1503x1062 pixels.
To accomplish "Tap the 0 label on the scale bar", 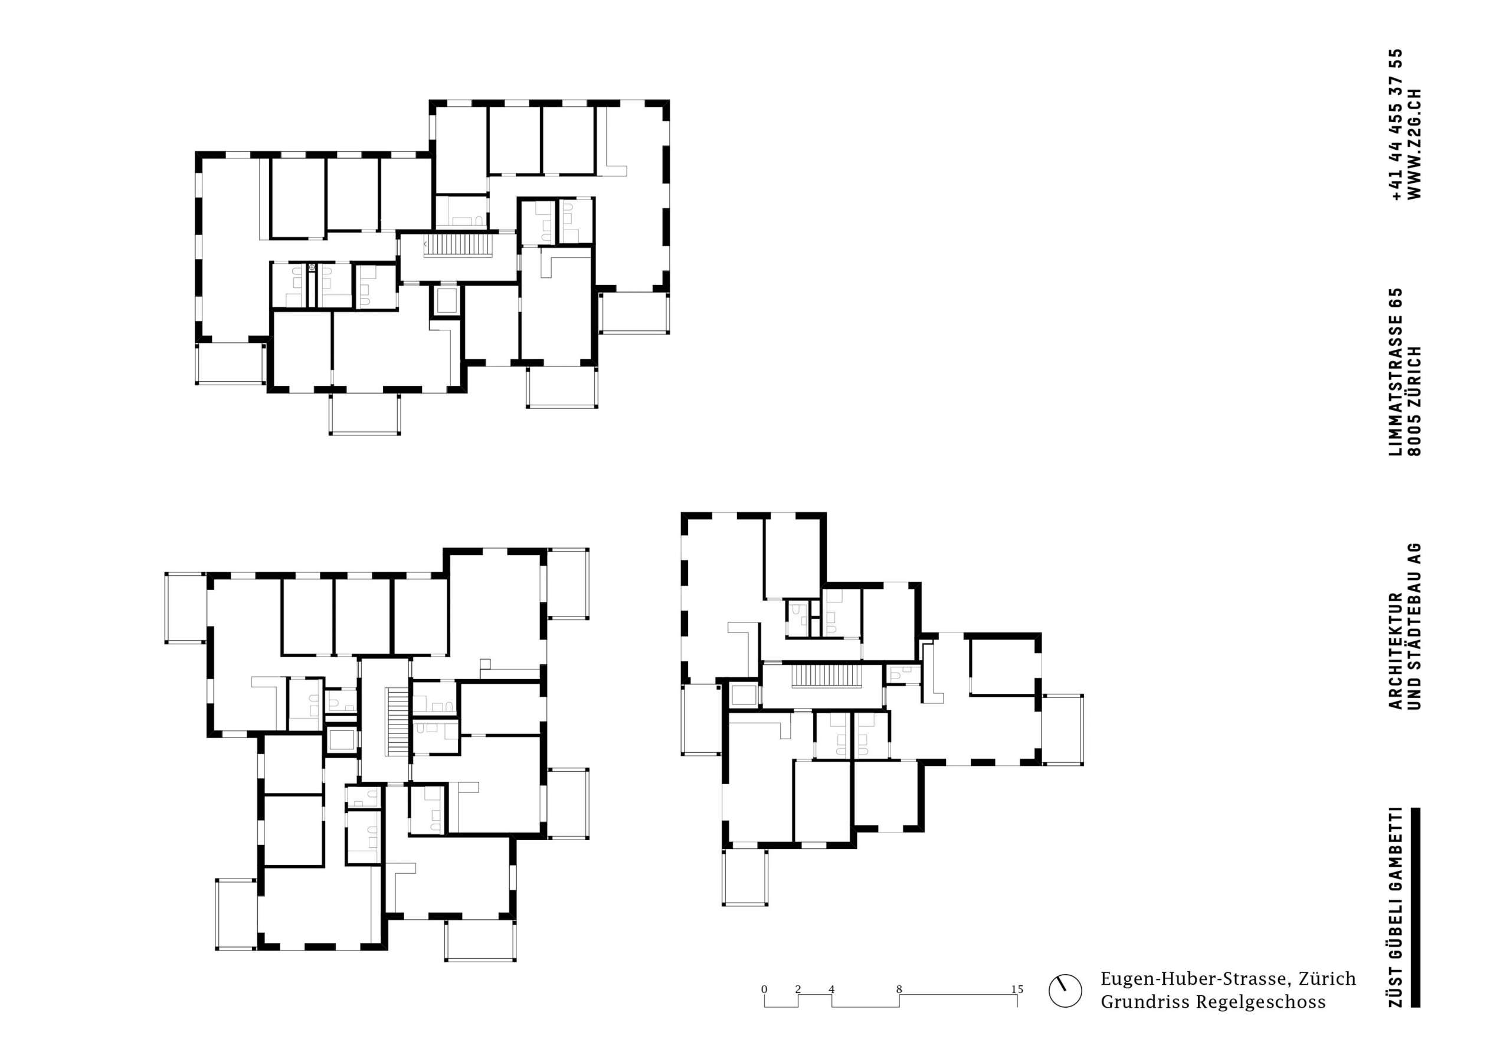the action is point(764,989).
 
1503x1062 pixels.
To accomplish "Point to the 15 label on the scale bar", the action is point(1017,989).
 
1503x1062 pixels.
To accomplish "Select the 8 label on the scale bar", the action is point(899,989).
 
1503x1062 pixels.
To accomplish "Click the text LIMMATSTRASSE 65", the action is point(1394,372).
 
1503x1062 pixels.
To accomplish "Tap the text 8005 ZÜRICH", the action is point(1414,400).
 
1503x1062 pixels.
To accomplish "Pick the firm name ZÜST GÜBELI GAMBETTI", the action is point(1394,916).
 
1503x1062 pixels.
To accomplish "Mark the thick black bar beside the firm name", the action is point(1415,916).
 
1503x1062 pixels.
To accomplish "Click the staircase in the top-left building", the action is point(457,247).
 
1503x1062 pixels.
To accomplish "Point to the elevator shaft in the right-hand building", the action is point(744,694).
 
